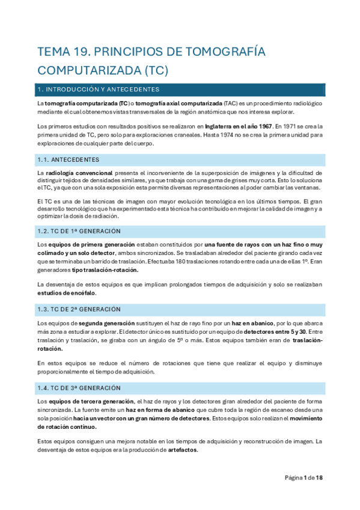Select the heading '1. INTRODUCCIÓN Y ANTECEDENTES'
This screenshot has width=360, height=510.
coord(98,90)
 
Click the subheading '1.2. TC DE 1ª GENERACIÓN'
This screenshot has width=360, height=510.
coord(79,231)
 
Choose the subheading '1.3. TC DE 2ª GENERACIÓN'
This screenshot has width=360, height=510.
coord(79,309)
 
